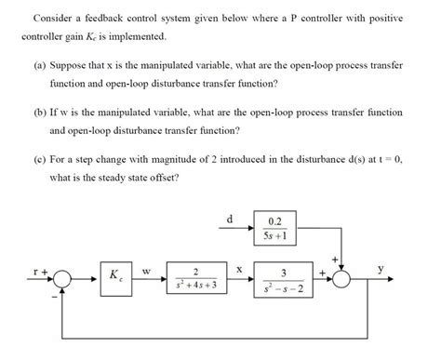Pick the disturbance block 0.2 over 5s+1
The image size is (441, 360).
(275, 227)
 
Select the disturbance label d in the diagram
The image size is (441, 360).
(230, 220)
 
